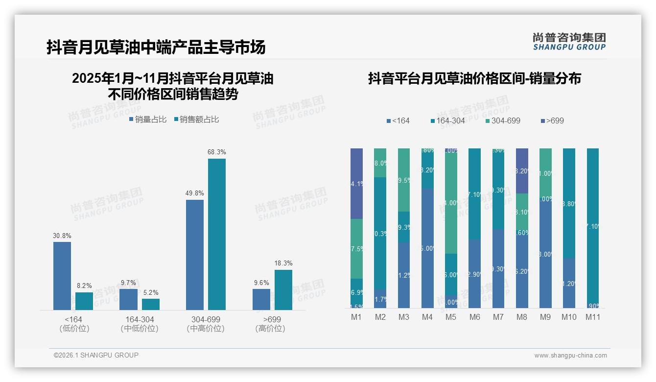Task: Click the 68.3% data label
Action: (x=216, y=152)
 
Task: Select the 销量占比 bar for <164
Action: (x=62, y=275)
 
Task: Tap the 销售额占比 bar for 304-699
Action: (x=216, y=234)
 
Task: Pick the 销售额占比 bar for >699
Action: (x=283, y=289)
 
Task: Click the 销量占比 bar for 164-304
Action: (x=129, y=299)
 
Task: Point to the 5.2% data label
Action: (x=151, y=292)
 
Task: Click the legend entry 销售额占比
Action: (x=196, y=119)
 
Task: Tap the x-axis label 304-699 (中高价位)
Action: (x=206, y=324)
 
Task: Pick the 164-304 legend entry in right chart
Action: (x=447, y=120)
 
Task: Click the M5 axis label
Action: (x=451, y=317)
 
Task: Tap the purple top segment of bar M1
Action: (x=356, y=183)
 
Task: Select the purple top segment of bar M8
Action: (x=522, y=170)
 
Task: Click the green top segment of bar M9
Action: (x=545, y=172)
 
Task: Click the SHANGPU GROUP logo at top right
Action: (x=569, y=42)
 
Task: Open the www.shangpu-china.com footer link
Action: (x=570, y=356)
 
